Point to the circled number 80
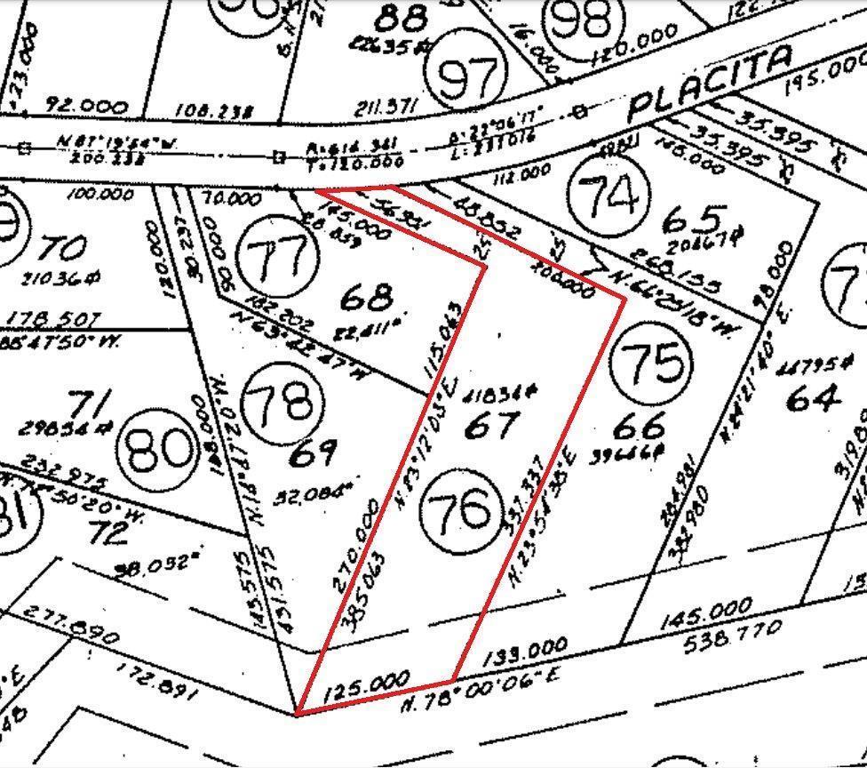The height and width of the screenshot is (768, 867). tap(161, 450)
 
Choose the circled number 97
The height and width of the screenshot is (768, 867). tap(466, 78)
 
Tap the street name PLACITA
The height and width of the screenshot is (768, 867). tap(710, 84)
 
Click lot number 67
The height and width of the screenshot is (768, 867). tap(491, 424)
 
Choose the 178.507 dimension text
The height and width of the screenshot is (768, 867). tap(53, 319)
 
